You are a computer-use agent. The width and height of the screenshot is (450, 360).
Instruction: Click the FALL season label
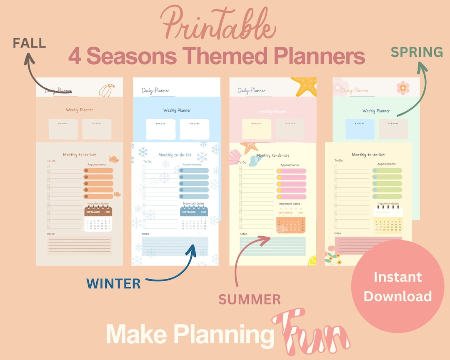[29, 43]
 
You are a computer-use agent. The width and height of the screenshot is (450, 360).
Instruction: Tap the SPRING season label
[417, 52]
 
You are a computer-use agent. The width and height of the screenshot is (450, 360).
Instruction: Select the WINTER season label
[113, 284]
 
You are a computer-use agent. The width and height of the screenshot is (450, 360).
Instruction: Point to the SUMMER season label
[250, 299]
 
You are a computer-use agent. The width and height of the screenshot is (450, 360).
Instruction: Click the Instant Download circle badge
[397, 286]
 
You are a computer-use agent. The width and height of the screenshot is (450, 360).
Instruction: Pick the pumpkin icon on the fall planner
[105, 90]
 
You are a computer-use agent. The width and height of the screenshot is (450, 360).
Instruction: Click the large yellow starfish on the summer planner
[305, 86]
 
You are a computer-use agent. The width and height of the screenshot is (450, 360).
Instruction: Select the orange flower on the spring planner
[403, 88]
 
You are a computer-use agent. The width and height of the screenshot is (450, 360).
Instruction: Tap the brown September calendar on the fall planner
[98, 219]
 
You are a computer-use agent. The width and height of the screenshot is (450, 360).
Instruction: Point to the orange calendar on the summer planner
[291, 224]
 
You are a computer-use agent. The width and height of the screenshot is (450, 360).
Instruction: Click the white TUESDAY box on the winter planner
[195, 129]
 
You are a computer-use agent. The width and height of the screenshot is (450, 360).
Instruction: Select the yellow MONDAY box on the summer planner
[256, 129]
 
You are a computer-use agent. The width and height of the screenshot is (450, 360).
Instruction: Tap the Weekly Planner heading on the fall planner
[80, 110]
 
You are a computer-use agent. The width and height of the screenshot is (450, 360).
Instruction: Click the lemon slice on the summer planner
[312, 261]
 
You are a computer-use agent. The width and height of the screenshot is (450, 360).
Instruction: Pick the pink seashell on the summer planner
[235, 156]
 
